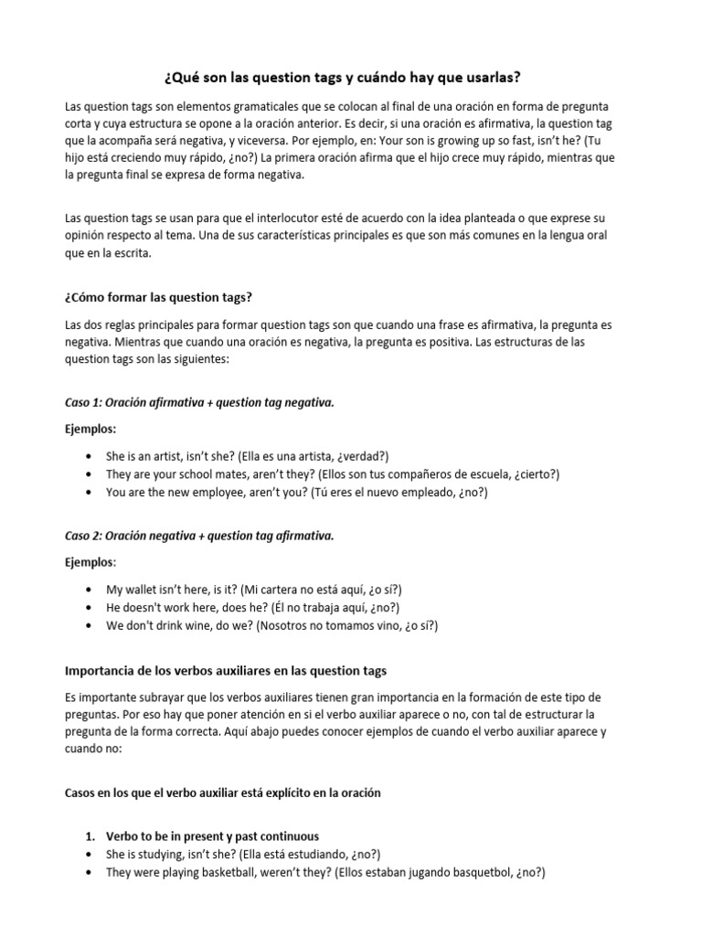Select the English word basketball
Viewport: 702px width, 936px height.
[232, 872]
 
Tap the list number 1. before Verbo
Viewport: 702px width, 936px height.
[90, 836]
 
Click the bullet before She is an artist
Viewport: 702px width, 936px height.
[87, 456]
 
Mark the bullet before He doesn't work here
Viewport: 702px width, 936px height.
[87, 608]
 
